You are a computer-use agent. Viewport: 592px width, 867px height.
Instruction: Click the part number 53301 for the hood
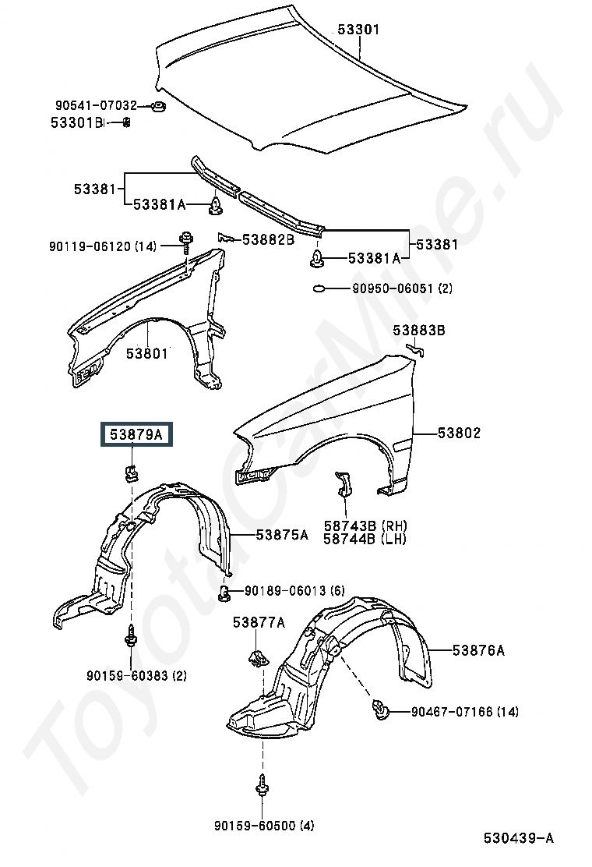coord(358,29)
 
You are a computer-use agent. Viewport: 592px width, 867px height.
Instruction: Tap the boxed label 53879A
coord(136,434)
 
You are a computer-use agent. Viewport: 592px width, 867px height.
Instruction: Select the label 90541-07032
coord(96,105)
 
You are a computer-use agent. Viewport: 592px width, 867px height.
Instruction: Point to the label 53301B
coord(77,122)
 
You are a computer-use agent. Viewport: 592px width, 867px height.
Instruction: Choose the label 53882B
coord(269,239)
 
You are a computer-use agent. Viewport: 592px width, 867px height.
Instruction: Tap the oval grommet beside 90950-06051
coord(319,288)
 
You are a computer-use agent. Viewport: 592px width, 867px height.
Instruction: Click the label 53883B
coord(419,330)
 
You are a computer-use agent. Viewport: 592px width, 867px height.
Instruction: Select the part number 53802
coord(459,433)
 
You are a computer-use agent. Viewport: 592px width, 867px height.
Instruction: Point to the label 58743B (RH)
coord(365,526)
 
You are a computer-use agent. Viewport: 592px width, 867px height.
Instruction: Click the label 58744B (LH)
coord(365,539)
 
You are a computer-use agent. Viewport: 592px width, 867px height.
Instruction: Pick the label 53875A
coord(282,535)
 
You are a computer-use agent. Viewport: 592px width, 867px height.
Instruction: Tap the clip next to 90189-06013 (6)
coord(224,593)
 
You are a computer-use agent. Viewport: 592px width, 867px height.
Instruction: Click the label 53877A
coord(259,623)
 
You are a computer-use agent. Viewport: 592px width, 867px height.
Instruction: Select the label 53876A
coord(478,650)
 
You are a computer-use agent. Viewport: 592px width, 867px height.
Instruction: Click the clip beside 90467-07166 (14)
coord(380,710)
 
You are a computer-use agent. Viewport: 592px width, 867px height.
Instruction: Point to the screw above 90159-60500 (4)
coord(261,785)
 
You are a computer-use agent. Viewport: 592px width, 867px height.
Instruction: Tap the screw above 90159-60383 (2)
coord(132,637)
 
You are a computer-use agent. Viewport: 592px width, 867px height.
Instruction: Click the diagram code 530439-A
coord(519,838)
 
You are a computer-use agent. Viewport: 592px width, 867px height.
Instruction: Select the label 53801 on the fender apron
coord(147,352)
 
